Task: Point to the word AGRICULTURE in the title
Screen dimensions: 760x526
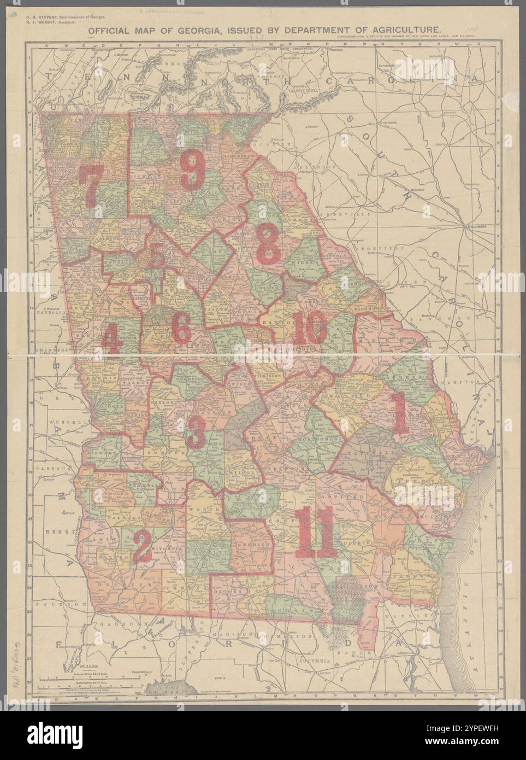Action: pyautogui.click(x=406, y=31)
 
